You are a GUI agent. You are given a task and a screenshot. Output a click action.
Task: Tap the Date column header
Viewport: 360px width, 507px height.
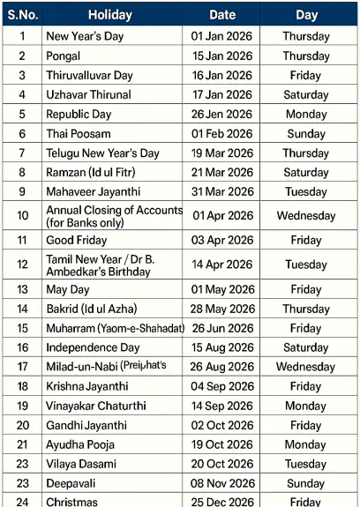[221, 15]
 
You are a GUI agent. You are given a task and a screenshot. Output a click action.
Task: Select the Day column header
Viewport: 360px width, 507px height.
[306, 15]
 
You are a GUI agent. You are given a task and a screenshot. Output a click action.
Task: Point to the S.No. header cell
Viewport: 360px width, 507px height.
[22, 15]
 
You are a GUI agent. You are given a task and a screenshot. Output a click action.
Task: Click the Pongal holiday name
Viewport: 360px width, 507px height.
[64, 56]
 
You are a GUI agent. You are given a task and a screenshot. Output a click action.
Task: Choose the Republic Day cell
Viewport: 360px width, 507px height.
[80, 114]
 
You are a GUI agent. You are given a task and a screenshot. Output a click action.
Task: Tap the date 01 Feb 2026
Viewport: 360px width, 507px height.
[221, 133]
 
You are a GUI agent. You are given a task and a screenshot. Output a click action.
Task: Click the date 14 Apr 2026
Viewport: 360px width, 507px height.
[221, 265]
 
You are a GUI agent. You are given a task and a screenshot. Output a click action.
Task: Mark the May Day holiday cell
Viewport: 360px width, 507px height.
[68, 290]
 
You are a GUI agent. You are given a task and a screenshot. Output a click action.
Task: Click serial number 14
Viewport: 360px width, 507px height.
[22, 309]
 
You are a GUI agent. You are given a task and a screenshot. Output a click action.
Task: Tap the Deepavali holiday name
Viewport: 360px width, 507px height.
[73, 483]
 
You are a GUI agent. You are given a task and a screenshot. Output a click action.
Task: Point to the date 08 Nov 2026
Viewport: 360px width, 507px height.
[221, 483]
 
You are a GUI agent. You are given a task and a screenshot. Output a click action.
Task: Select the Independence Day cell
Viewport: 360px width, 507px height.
[93, 347]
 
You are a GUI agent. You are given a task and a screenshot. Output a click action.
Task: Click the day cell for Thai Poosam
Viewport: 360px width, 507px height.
[306, 133]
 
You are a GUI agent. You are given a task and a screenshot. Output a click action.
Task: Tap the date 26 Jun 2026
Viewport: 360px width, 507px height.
[221, 328]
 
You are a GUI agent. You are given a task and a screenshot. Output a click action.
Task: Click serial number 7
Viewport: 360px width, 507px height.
[22, 153]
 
